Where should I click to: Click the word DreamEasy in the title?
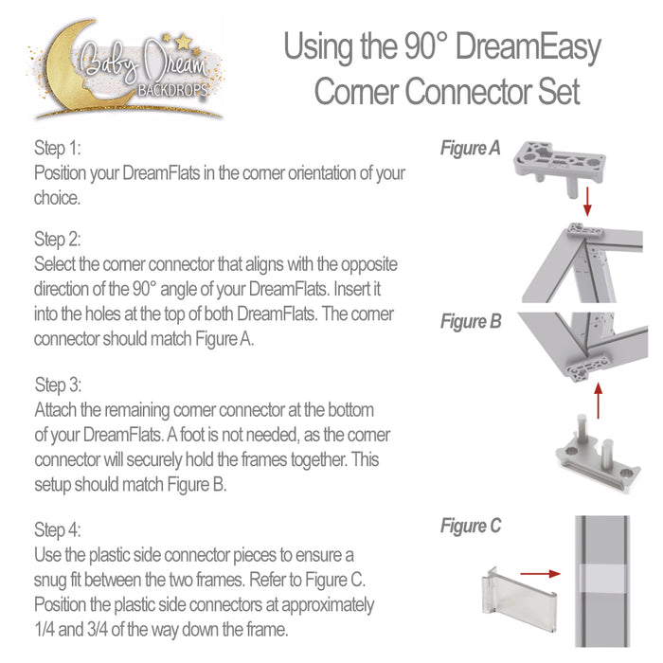(526, 47)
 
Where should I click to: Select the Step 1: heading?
(58, 149)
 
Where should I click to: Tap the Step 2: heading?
(58, 237)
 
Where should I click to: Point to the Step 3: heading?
(59, 385)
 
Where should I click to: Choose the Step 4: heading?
(58, 529)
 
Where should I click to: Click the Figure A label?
(471, 149)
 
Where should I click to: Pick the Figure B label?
(471, 322)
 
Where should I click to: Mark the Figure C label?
(471, 527)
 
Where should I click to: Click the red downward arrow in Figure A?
(587, 200)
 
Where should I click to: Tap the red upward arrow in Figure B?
(598, 397)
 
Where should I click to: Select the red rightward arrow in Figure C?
(541, 573)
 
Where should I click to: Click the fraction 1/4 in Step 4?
(45, 627)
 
